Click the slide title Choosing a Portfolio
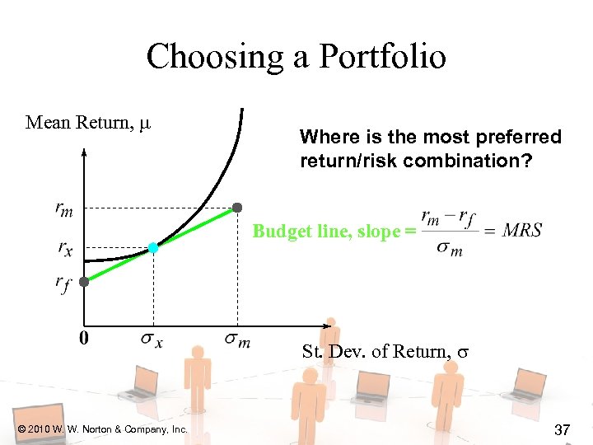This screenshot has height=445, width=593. (296, 57)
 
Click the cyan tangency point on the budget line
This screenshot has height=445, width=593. (153, 247)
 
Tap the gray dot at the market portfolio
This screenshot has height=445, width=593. (238, 207)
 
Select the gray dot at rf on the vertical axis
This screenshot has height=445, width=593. (84, 281)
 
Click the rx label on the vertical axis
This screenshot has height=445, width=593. (63, 246)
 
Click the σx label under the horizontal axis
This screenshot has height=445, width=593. (152, 339)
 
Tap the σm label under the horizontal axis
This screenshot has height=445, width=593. (238, 339)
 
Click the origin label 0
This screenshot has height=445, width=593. (84, 338)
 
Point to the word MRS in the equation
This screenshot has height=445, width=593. (522, 231)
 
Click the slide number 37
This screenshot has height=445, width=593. (563, 429)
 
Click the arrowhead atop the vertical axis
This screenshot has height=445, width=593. (84, 152)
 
